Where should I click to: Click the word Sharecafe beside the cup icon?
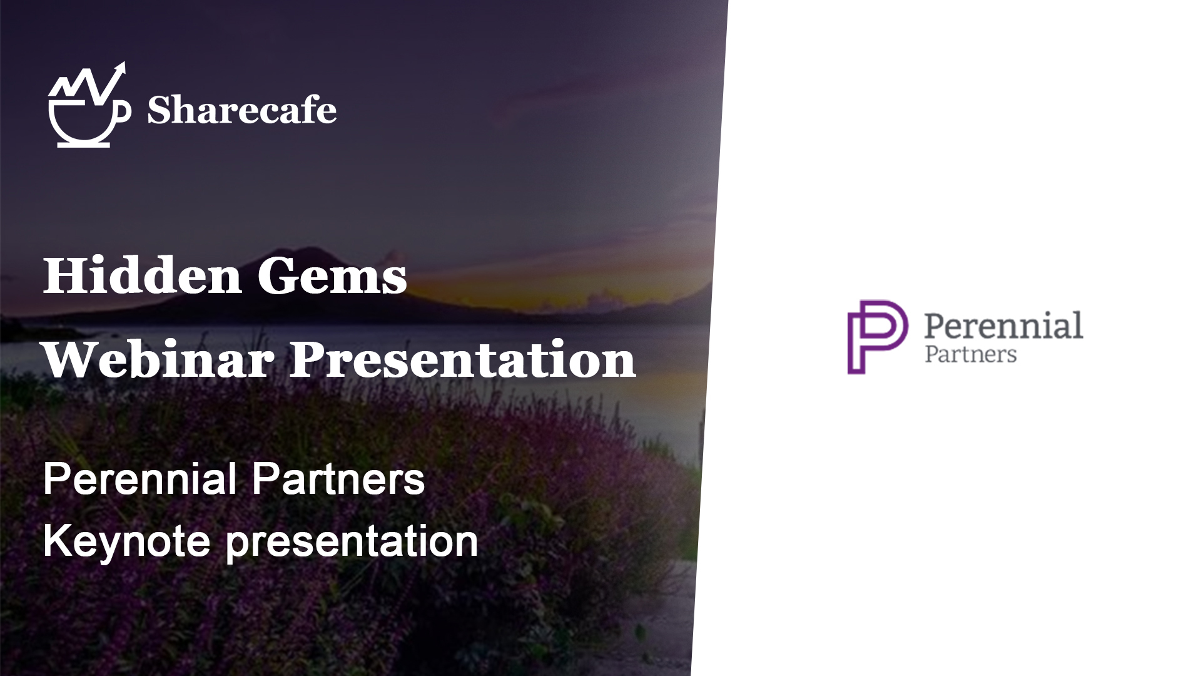(x=241, y=111)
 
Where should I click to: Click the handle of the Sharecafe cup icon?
(x=123, y=111)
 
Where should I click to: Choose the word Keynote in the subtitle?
(x=126, y=541)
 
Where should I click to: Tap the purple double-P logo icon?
(x=878, y=337)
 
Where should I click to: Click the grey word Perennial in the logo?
(x=1003, y=325)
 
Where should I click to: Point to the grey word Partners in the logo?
(x=970, y=354)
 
